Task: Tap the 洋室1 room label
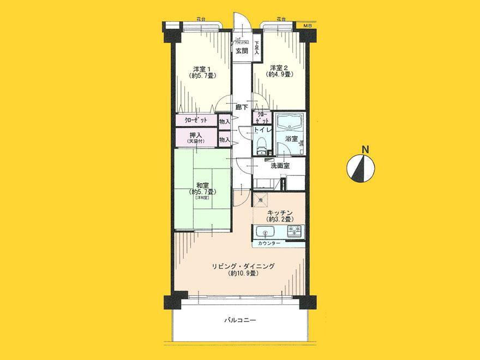tap(202, 69)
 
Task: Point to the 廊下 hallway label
tap(242, 107)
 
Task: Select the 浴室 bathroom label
tap(290, 139)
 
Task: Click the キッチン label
tap(282, 212)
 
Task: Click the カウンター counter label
tap(270, 243)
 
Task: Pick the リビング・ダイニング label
tap(243, 266)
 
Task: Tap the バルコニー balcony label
tap(241, 320)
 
